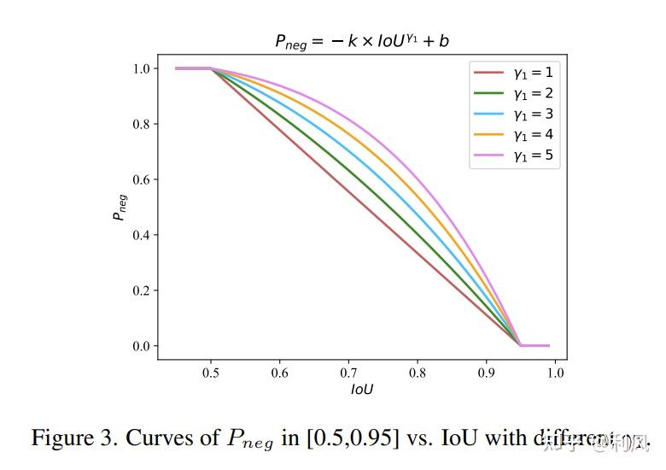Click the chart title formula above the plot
tap(362, 41)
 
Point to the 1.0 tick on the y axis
tap(142, 68)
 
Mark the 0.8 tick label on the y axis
tap(142, 124)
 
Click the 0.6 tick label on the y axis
tap(142, 179)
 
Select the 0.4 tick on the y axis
tap(142, 235)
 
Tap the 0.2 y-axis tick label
tap(142, 291)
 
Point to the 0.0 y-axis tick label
tap(142, 346)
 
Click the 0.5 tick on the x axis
tap(211, 373)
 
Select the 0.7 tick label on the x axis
tap(348, 373)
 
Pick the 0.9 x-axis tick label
tap(486, 373)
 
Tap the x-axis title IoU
tap(362, 390)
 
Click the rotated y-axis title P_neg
tap(120, 207)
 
